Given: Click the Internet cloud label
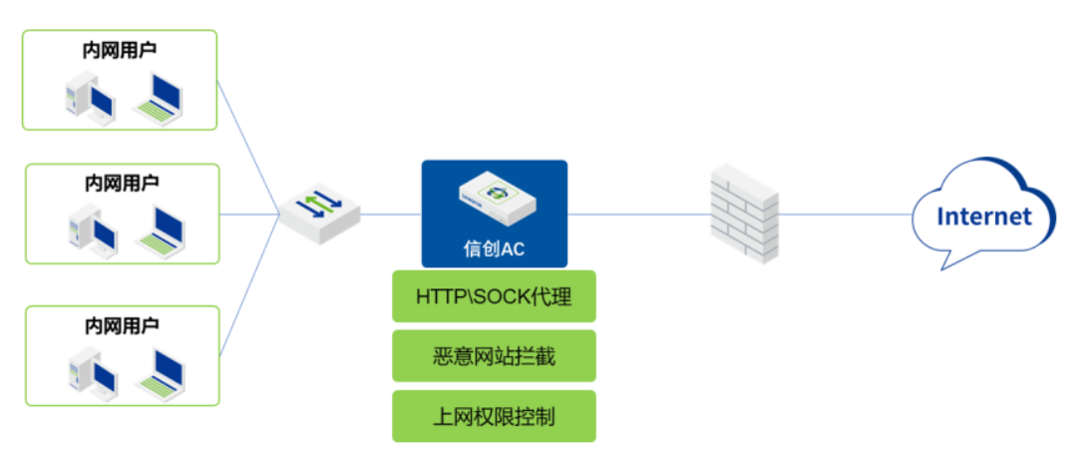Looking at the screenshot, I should coord(983,216).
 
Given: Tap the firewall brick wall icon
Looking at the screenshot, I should coord(743,214).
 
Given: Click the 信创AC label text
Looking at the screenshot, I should coord(495,248).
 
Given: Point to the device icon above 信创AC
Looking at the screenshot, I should coord(495,196).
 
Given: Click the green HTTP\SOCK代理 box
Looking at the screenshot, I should coord(494,296).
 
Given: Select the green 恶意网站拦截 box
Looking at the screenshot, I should coord(494,356).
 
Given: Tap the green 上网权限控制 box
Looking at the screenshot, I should coord(494,416).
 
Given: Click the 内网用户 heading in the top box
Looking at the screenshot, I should coord(120,48).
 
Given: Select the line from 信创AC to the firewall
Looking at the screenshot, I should coord(638,214).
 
